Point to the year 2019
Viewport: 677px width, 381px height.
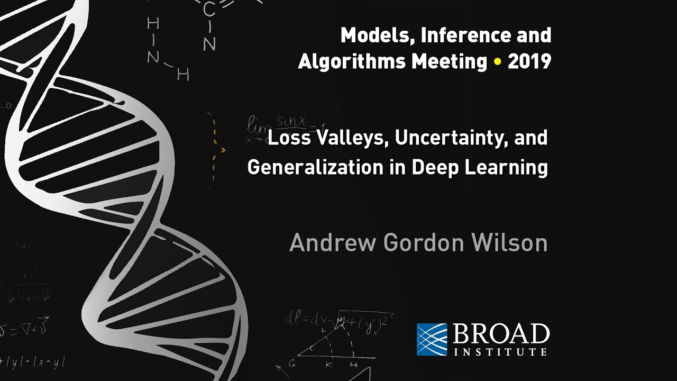coord(529,62)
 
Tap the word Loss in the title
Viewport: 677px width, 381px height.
coord(286,139)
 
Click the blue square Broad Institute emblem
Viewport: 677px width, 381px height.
coord(432,339)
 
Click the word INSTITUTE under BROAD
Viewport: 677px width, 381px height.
coord(500,352)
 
